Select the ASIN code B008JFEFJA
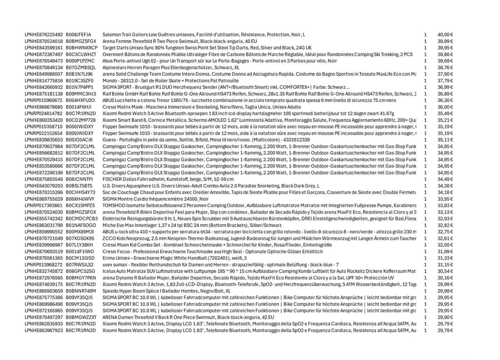(79, 35)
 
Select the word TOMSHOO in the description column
(114, 206)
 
